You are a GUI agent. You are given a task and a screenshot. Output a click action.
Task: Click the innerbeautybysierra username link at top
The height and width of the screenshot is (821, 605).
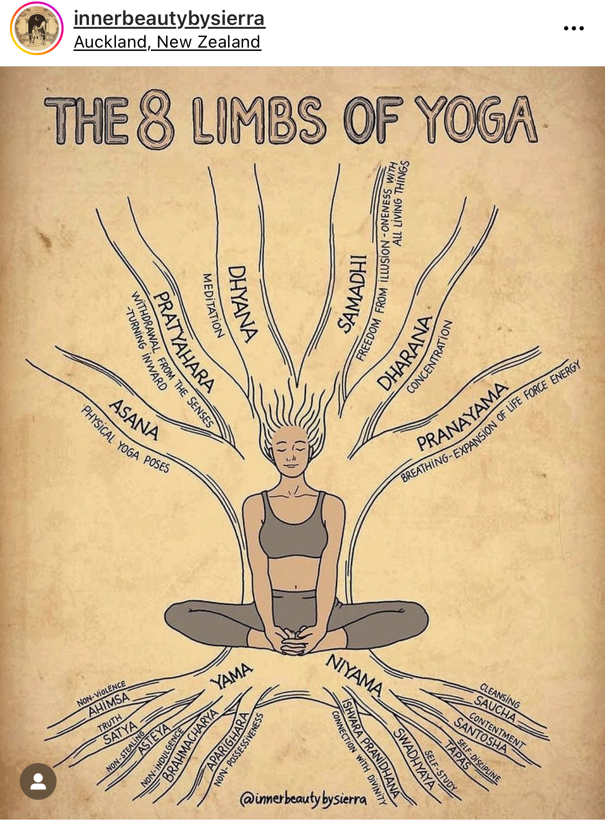point(170,18)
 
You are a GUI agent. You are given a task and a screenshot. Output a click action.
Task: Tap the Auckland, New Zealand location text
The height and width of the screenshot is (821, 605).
point(167,42)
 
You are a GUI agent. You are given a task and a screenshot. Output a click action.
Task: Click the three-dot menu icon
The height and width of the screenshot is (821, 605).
point(574,28)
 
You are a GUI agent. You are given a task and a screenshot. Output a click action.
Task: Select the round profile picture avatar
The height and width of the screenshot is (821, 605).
point(37,28)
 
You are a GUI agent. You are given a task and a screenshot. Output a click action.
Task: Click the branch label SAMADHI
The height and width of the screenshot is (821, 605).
point(352,294)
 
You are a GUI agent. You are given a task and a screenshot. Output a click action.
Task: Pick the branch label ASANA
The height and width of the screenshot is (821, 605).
point(134,419)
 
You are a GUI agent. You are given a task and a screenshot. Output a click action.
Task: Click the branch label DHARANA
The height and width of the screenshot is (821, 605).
point(405,353)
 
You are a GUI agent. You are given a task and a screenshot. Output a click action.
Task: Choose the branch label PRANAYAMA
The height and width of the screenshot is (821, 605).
point(462,417)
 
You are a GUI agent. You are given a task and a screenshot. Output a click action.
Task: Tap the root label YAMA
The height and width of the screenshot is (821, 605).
point(231,675)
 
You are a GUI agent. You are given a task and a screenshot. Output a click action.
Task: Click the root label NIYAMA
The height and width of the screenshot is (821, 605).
point(354,675)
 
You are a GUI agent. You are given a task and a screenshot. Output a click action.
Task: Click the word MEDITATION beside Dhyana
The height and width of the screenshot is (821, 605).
point(213,305)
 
